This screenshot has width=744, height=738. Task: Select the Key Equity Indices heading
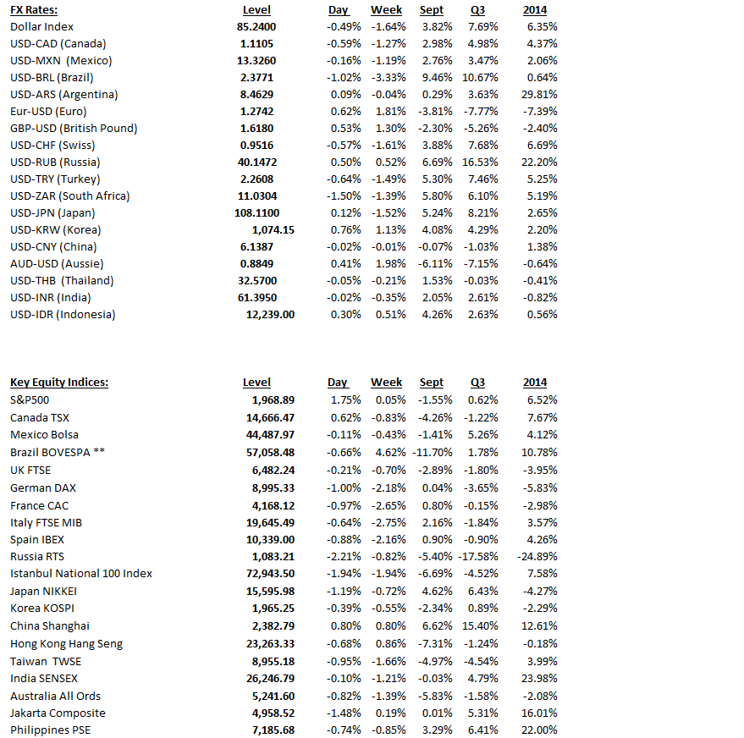point(59,383)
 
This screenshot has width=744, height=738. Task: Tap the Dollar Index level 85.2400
point(257,27)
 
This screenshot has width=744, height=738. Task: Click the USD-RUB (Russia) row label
point(55,162)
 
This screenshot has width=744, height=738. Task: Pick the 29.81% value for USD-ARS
point(541,95)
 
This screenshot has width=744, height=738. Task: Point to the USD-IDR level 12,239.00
point(271,315)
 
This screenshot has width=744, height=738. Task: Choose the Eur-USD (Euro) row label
point(48,112)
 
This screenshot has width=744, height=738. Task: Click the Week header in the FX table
point(387,10)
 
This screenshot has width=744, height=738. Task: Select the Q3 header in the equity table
point(477,383)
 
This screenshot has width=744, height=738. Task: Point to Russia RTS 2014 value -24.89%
point(537,557)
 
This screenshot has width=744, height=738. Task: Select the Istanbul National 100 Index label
point(81,574)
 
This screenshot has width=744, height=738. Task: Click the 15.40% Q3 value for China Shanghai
point(481,626)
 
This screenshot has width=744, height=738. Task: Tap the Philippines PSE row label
point(52,730)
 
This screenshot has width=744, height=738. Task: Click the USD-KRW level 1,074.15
point(273,230)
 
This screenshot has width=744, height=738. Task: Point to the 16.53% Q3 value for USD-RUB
point(481,162)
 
